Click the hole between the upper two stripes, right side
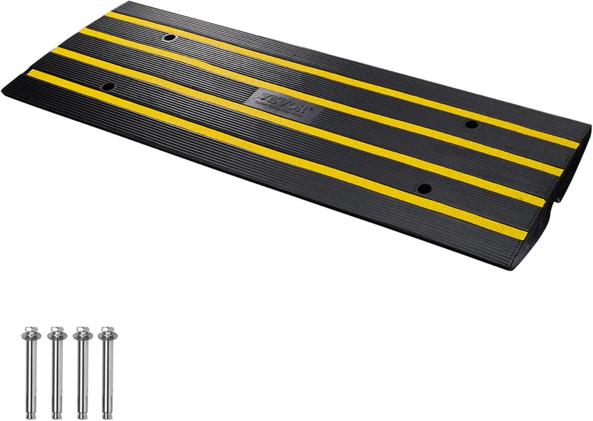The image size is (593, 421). coord(470,124)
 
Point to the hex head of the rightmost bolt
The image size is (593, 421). coord(104,333)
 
